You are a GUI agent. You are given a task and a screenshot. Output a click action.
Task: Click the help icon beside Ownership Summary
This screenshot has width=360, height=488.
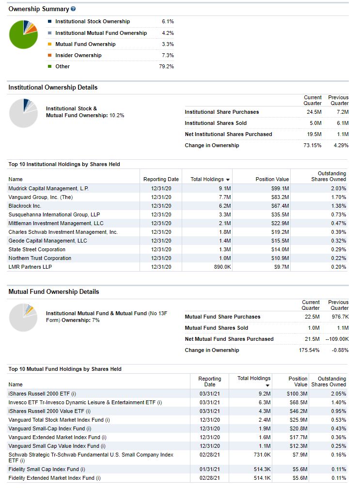(x=73, y=9)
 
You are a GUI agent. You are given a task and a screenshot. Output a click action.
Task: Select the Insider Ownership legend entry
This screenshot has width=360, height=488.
(x=78, y=55)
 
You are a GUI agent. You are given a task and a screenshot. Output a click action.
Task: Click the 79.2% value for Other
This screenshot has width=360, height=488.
(x=166, y=66)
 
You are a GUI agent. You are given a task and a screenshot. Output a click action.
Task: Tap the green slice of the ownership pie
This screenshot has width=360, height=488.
(x=21, y=39)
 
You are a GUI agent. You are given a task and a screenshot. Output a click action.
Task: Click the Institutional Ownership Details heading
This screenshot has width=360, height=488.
(x=53, y=88)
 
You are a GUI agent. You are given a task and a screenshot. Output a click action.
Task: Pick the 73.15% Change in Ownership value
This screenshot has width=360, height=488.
(x=312, y=145)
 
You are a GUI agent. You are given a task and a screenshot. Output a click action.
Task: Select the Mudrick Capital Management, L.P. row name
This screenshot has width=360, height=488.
(x=48, y=188)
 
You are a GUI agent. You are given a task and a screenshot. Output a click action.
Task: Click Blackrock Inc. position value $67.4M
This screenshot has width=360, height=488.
(x=280, y=206)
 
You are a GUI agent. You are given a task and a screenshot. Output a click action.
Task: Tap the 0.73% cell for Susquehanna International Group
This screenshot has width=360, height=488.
(x=338, y=214)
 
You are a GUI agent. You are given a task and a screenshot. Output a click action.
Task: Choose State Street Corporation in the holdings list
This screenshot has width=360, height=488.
(x=37, y=249)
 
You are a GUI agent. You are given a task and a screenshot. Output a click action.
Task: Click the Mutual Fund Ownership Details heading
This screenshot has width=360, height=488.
(x=53, y=292)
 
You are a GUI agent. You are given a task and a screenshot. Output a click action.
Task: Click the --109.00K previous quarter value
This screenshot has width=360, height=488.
(x=337, y=339)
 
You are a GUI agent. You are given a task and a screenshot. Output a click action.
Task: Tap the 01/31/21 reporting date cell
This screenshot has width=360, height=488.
(x=210, y=469)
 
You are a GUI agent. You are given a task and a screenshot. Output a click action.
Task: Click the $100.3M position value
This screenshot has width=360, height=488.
(x=297, y=394)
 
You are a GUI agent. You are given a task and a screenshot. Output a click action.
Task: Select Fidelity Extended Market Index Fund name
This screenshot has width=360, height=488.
(x=54, y=478)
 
